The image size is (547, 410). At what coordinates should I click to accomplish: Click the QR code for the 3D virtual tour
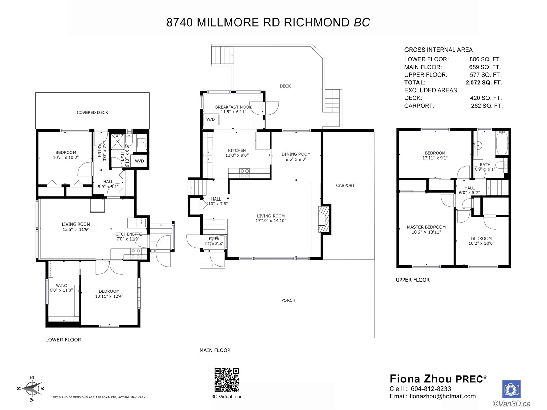(227, 380)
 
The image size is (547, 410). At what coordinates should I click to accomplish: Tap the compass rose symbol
(32, 388)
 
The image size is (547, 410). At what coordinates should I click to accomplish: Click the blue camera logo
(511, 389)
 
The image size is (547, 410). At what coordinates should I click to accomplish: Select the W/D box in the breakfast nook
(211, 120)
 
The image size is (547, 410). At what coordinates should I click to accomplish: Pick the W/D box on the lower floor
(139, 161)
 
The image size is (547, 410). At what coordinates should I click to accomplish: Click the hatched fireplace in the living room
(324, 219)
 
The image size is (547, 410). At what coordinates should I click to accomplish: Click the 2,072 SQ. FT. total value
(484, 83)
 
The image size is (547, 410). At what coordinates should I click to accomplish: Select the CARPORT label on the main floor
(345, 186)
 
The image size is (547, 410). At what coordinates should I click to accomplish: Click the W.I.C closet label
(61, 286)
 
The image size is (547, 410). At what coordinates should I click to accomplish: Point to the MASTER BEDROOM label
(426, 227)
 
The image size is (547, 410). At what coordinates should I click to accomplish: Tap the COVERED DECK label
(92, 113)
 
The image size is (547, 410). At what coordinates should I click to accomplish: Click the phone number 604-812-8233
(431, 389)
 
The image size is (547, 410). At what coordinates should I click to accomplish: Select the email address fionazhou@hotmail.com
(443, 396)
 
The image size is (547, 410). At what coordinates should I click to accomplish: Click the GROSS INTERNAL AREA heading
(438, 50)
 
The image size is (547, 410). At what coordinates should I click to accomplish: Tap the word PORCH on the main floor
(288, 300)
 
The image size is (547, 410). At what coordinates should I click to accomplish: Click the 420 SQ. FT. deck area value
(486, 98)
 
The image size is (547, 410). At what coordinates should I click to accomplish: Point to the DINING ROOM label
(296, 154)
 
